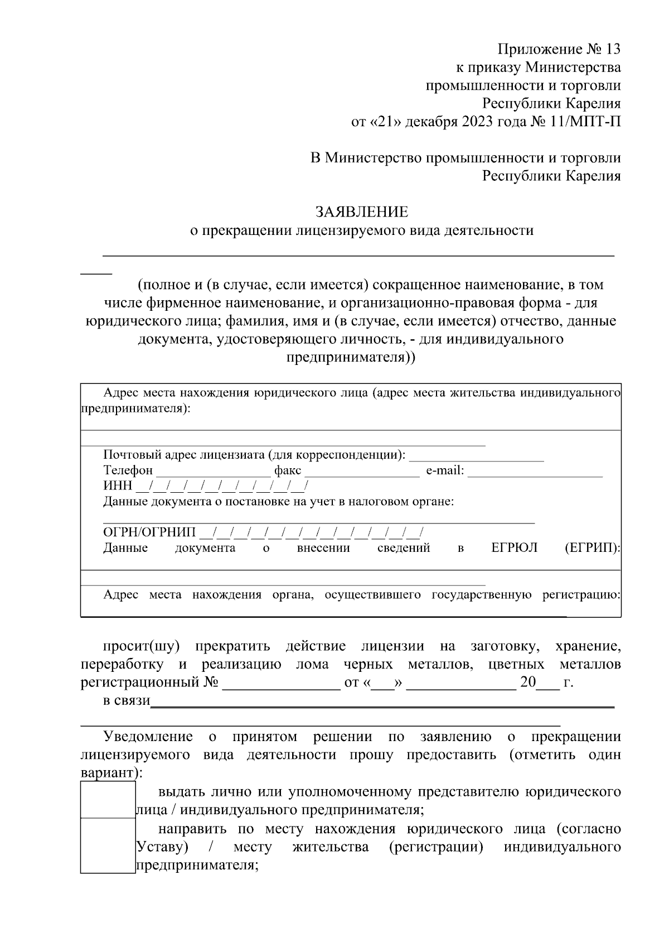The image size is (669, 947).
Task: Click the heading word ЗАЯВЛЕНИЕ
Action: (x=362, y=212)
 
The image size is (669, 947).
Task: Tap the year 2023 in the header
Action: (x=477, y=122)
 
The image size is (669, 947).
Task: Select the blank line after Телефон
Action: (x=213, y=472)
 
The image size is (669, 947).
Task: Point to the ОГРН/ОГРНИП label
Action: (x=149, y=532)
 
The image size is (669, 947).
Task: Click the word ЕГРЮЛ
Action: (x=514, y=548)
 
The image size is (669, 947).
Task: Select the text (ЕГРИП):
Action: (x=592, y=548)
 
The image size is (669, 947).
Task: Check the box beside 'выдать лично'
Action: (x=108, y=800)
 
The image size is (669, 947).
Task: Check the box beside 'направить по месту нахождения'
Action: (x=108, y=845)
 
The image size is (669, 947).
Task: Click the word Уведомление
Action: (x=148, y=737)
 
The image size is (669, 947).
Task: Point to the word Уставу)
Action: (x=162, y=847)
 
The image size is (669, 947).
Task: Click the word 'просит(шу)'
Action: (x=141, y=647)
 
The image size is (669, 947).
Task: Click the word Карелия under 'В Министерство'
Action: (x=593, y=176)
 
